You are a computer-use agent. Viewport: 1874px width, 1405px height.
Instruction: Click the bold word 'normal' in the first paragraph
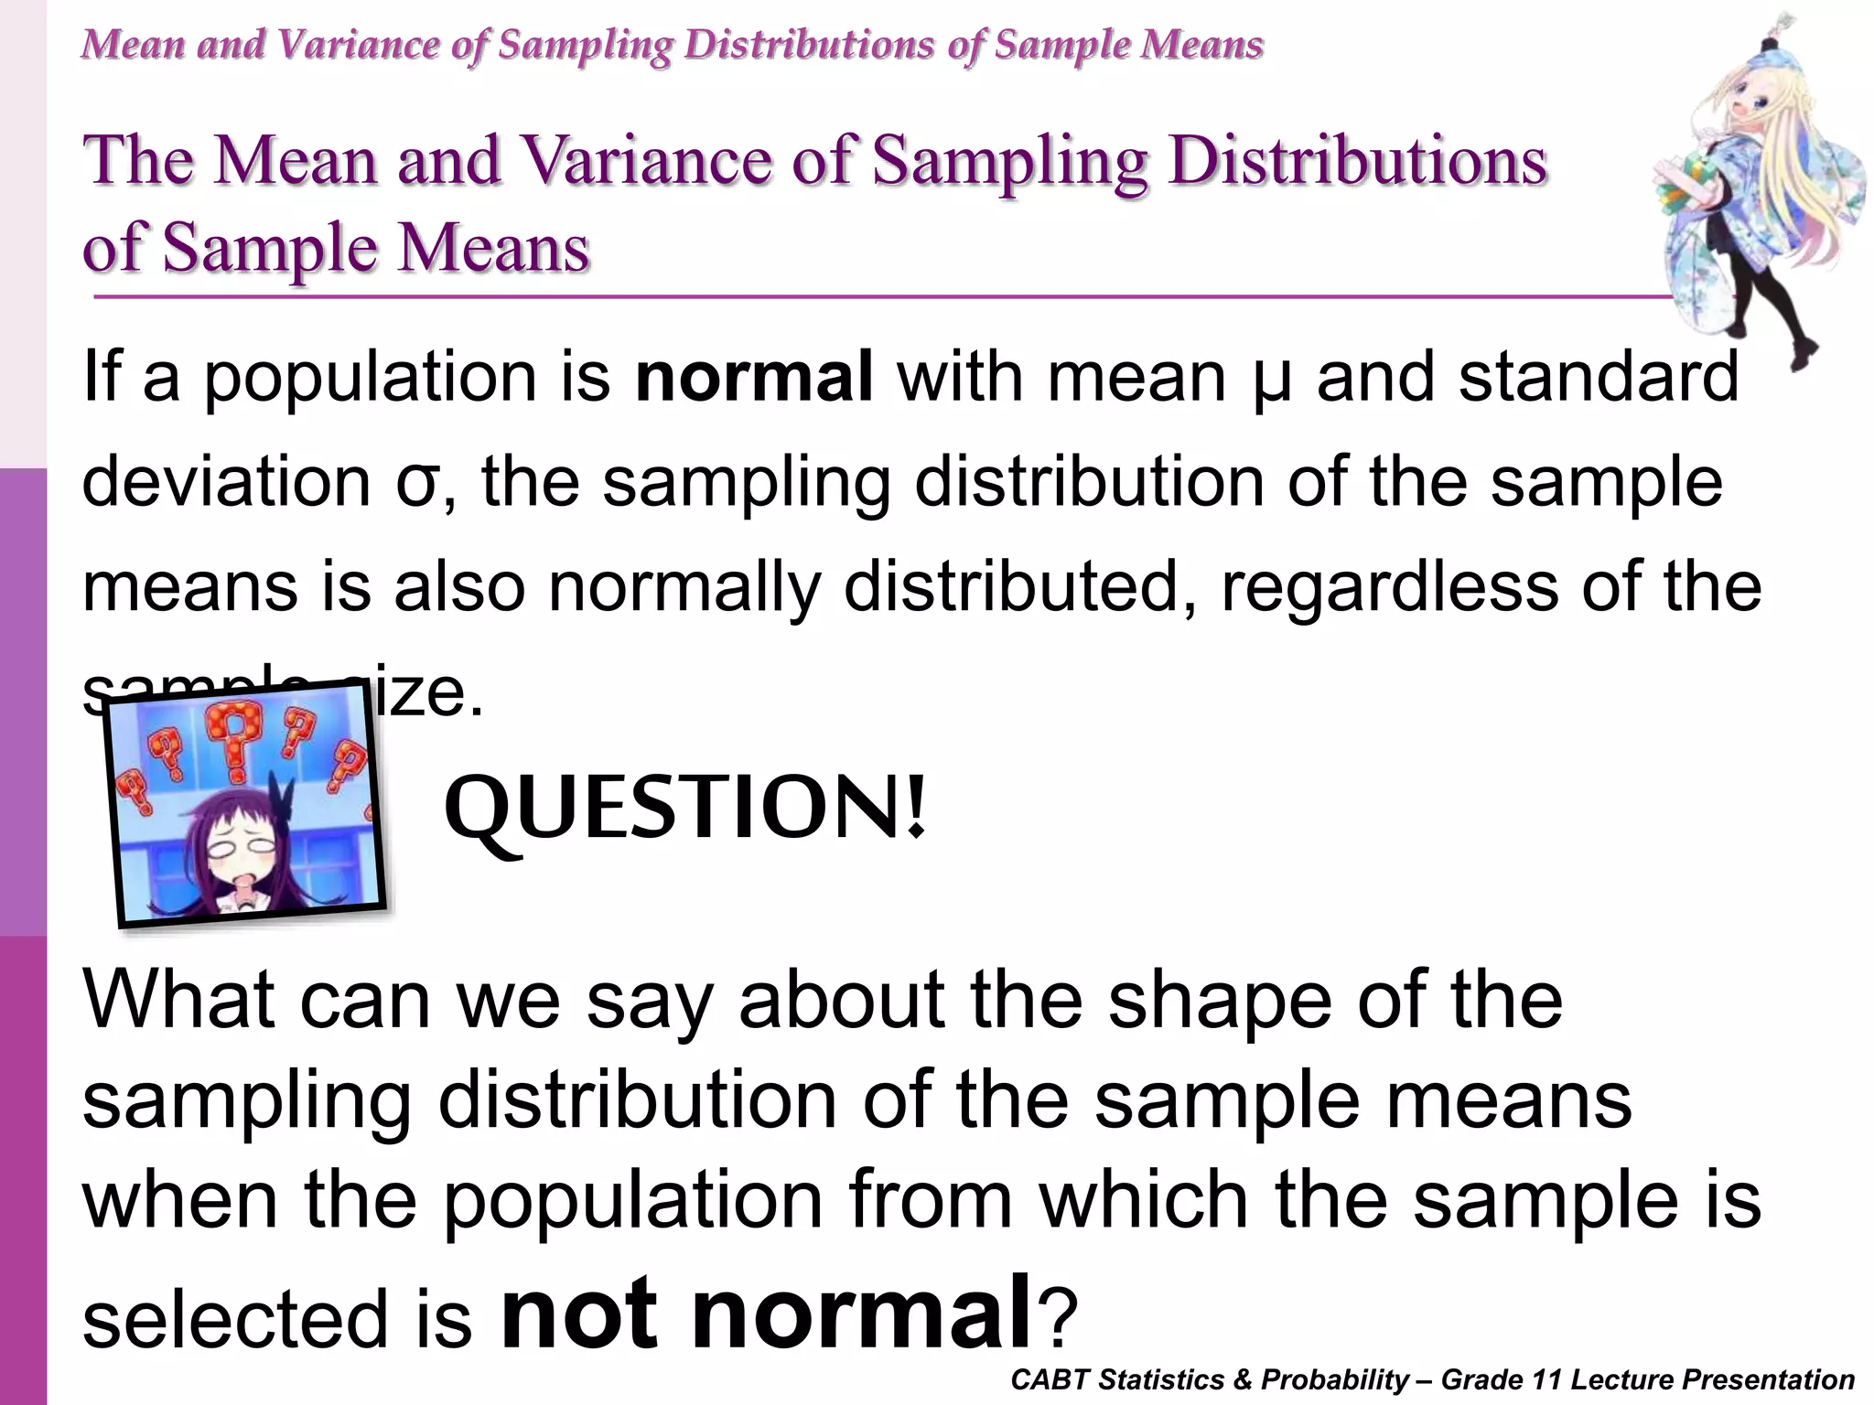[753, 377]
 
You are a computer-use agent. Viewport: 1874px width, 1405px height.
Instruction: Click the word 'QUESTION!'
[685, 809]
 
